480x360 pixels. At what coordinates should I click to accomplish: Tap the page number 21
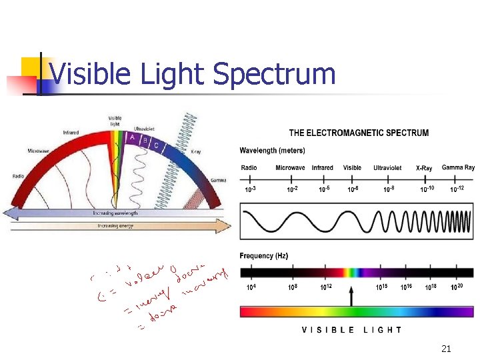447,349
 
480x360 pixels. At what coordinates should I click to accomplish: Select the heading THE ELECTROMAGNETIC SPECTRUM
359,133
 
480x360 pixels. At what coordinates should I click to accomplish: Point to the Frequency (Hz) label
264,256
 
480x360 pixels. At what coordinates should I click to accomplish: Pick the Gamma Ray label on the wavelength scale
458,167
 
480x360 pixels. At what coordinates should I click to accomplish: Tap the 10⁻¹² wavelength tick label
457,189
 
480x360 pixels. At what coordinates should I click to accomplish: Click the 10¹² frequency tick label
326,287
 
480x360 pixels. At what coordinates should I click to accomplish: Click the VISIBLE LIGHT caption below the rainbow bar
352,329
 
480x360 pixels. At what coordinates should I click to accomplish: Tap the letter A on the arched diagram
133,138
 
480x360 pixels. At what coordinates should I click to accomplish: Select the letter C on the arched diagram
155,145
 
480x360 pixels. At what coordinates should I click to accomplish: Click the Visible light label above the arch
115,121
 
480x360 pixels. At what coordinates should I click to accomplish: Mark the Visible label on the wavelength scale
352,167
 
